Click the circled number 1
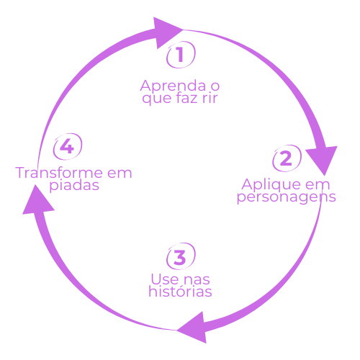[x=181, y=55]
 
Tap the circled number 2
[x=287, y=158]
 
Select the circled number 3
[x=181, y=256]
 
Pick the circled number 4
[x=68, y=147]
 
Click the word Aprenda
[x=173, y=86]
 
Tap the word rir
[x=210, y=98]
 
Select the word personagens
[x=287, y=197]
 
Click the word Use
[x=165, y=279]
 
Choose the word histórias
[x=180, y=291]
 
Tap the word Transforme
[x=58, y=173]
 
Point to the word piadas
[x=74, y=185]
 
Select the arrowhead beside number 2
[x=322, y=159]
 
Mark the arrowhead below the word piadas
[x=37, y=201]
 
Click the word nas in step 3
[x=197, y=280]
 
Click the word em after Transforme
[x=120, y=174]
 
